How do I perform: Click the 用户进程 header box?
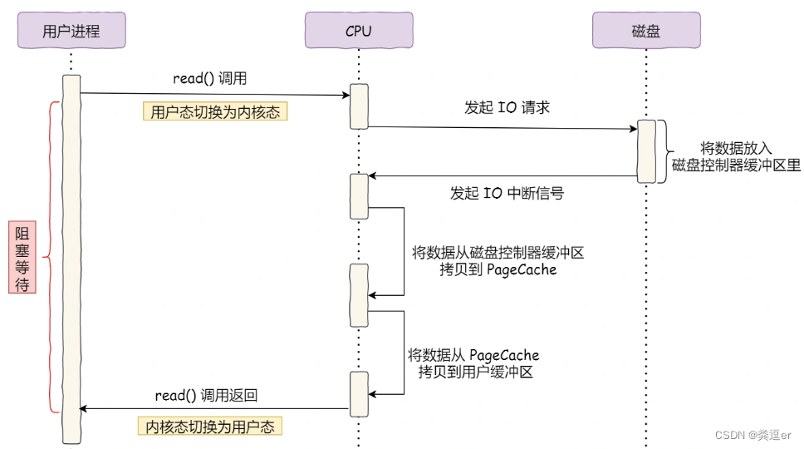click(71, 31)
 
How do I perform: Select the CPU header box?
click(359, 31)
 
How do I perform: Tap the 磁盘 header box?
click(645, 31)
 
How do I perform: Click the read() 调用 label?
click(209, 79)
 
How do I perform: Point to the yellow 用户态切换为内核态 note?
click(215, 112)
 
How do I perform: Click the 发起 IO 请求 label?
click(507, 108)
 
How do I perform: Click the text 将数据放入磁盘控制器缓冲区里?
click(736, 156)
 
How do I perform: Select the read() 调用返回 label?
click(212, 395)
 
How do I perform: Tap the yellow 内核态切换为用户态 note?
click(209, 427)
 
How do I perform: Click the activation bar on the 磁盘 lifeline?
click(646, 151)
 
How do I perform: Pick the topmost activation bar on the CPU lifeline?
click(359, 106)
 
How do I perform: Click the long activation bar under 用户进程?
click(71, 258)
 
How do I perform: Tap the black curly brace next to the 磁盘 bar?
click(664, 151)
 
